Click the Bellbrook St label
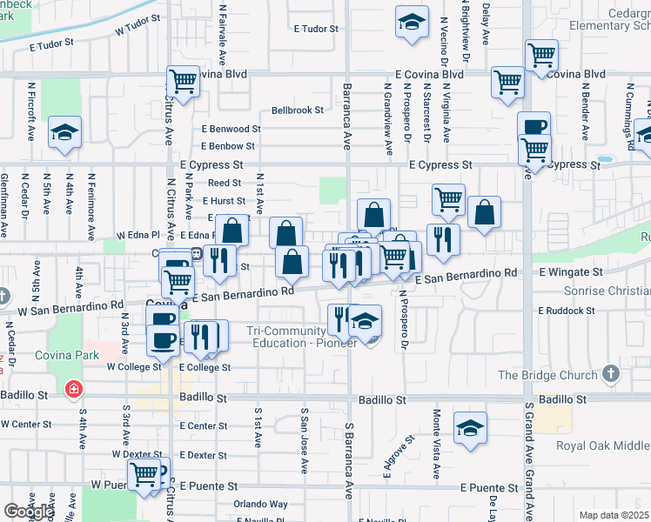[x=298, y=110]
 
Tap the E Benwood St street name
[x=231, y=129]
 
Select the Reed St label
[x=224, y=183]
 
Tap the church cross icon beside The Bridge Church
[x=612, y=375]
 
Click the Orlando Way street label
[x=260, y=504]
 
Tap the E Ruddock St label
[x=566, y=310]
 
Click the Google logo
[x=28, y=512]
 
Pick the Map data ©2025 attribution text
[x=614, y=515]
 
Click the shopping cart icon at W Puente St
[x=144, y=474]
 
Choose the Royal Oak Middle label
[x=602, y=446]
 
